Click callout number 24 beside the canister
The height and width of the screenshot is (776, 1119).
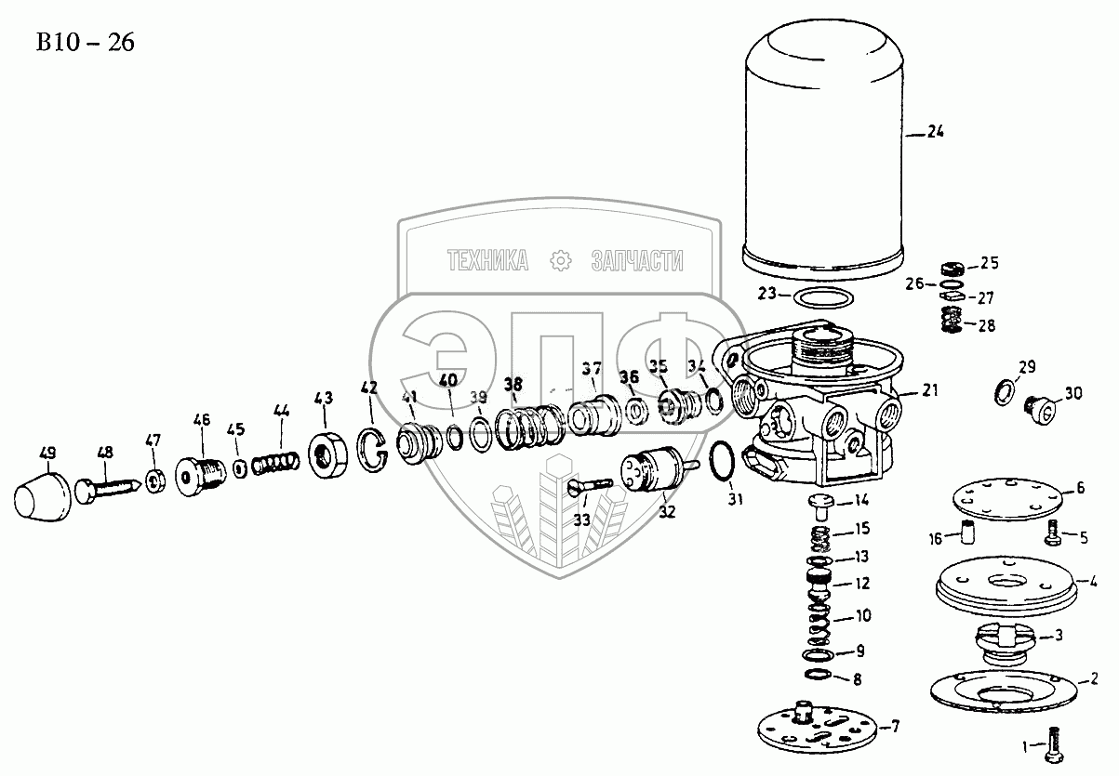pos(935,133)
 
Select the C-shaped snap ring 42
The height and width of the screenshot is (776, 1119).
pos(374,446)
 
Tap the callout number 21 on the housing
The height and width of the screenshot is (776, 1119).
pos(931,391)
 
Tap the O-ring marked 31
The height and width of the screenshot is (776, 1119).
pos(725,461)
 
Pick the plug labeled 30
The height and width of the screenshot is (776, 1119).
pos(1041,406)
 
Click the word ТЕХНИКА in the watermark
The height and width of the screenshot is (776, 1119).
pos(486,261)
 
